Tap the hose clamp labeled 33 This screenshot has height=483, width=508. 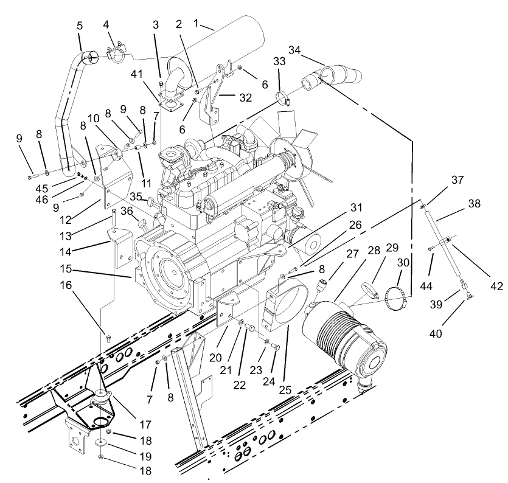coord(284,97)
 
